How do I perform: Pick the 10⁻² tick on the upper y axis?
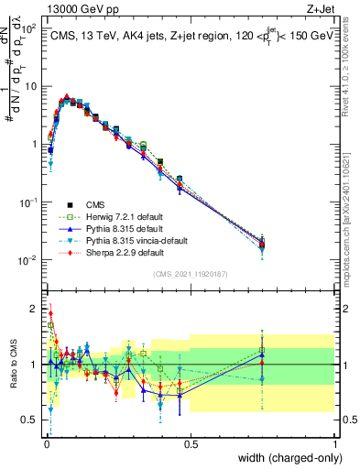[27, 259]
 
